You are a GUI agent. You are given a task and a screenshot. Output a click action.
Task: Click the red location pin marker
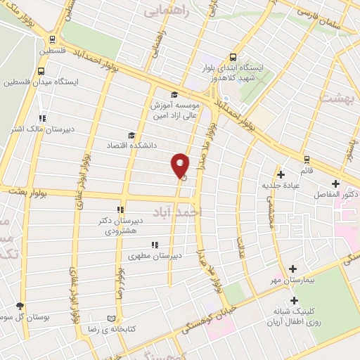pyautogui.click(x=181, y=166)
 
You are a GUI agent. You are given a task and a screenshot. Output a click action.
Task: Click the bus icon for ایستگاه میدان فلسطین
pyautogui.click(x=41, y=71)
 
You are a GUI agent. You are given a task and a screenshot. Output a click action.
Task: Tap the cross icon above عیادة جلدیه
pyautogui.click(x=281, y=174)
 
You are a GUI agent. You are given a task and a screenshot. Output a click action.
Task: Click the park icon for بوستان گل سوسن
pyautogui.click(x=19, y=307)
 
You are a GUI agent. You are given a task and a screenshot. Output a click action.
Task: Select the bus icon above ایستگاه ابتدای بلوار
pyautogui.click(x=233, y=58)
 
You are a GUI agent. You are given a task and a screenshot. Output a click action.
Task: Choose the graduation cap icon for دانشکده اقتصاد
pyautogui.click(x=130, y=135)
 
